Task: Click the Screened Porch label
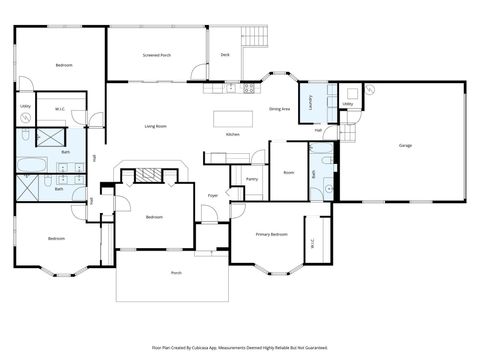157,56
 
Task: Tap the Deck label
225,55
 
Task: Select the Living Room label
155,126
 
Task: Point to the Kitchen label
232,134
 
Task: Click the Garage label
405,146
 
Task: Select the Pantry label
251,179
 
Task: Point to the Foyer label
212,195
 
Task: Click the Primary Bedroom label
272,234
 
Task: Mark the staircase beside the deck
257,38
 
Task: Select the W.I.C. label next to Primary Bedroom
313,239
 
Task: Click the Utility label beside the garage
347,104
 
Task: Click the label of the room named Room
288,172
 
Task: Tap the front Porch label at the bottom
176,272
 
